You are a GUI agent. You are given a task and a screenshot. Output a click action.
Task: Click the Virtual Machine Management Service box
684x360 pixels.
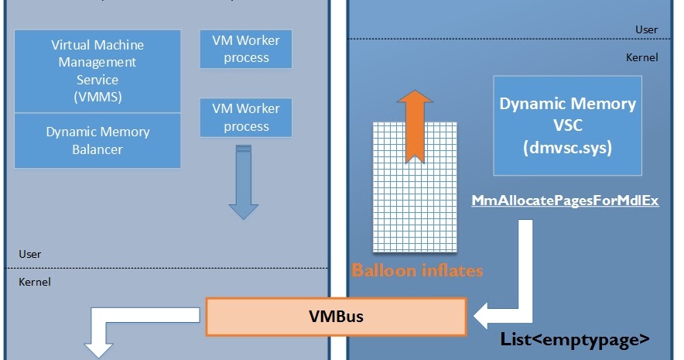point(97,70)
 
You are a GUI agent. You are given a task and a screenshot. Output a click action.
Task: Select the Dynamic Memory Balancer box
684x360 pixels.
point(97,140)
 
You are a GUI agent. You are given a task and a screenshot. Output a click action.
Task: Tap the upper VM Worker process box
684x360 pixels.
point(246,49)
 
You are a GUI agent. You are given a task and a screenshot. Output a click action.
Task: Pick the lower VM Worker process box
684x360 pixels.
point(246,118)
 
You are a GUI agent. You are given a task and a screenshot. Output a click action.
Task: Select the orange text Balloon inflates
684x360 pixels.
point(417,271)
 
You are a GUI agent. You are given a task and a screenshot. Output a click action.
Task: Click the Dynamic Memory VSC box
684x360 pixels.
point(567,125)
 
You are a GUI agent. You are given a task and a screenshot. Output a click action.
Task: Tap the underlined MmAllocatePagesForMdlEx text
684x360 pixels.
point(565,201)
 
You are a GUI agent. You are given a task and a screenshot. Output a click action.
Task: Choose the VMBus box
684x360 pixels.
point(336,317)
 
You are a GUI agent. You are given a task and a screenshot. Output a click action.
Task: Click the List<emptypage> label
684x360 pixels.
point(573,340)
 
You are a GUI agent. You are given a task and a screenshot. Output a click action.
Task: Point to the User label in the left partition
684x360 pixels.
point(30,254)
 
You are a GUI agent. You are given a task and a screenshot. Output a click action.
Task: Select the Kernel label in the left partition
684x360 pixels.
point(35,282)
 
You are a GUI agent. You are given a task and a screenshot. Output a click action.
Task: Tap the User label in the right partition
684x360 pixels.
point(646,29)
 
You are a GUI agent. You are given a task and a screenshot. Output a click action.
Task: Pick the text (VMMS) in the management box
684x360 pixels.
point(97,98)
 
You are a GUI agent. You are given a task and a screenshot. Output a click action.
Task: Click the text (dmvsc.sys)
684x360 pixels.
point(567,147)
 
